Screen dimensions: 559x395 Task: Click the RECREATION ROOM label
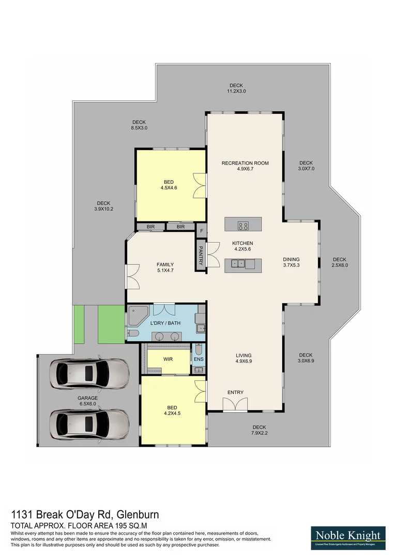pyautogui.click(x=245, y=163)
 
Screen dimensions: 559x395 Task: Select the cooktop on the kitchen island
pyautogui.click(x=243, y=225)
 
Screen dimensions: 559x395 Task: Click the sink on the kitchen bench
pyautogui.click(x=238, y=264)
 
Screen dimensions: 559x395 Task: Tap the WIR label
pyautogui.click(x=168, y=358)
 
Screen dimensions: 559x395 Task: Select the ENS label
pyautogui.click(x=199, y=359)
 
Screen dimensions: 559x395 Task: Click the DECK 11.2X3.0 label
pyautogui.click(x=236, y=88)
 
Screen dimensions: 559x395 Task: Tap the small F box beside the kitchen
pyautogui.click(x=201, y=230)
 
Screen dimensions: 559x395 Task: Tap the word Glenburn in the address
pyautogui.click(x=138, y=514)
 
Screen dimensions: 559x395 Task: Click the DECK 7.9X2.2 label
pyautogui.click(x=259, y=430)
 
